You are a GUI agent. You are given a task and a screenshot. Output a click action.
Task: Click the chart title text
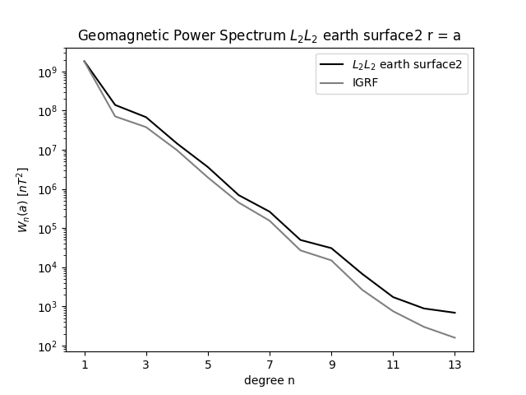click(x=270, y=35)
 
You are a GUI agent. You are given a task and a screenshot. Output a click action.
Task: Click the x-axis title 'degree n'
click(x=270, y=380)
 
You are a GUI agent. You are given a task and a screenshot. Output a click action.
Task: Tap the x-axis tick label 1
click(x=85, y=364)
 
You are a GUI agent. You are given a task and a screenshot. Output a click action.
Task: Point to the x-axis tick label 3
click(x=146, y=364)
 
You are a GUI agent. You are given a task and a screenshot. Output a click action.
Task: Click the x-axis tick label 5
click(x=208, y=364)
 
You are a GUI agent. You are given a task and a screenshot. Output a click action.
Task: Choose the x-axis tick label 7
click(x=270, y=364)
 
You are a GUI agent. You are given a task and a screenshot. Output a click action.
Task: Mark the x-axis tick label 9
click(x=331, y=364)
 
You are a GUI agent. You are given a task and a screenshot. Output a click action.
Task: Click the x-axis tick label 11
click(x=393, y=364)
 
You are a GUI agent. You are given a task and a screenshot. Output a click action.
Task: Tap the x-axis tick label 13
click(x=454, y=364)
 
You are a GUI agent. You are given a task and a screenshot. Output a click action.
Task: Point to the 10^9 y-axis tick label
click(x=46, y=72)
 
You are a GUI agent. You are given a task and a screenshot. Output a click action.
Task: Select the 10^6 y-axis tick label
click(x=46, y=190)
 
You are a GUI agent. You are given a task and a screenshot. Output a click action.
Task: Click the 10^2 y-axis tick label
click(x=46, y=346)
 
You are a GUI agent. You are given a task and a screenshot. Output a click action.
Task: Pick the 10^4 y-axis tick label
click(x=46, y=268)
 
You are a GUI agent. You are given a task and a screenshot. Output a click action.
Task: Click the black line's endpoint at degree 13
click(x=454, y=313)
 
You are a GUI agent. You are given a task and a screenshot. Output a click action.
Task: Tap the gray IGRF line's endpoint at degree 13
click(x=454, y=337)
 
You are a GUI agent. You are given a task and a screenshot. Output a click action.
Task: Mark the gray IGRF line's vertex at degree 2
click(x=115, y=116)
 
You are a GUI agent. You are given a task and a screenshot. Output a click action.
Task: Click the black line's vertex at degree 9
click(x=331, y=248)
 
